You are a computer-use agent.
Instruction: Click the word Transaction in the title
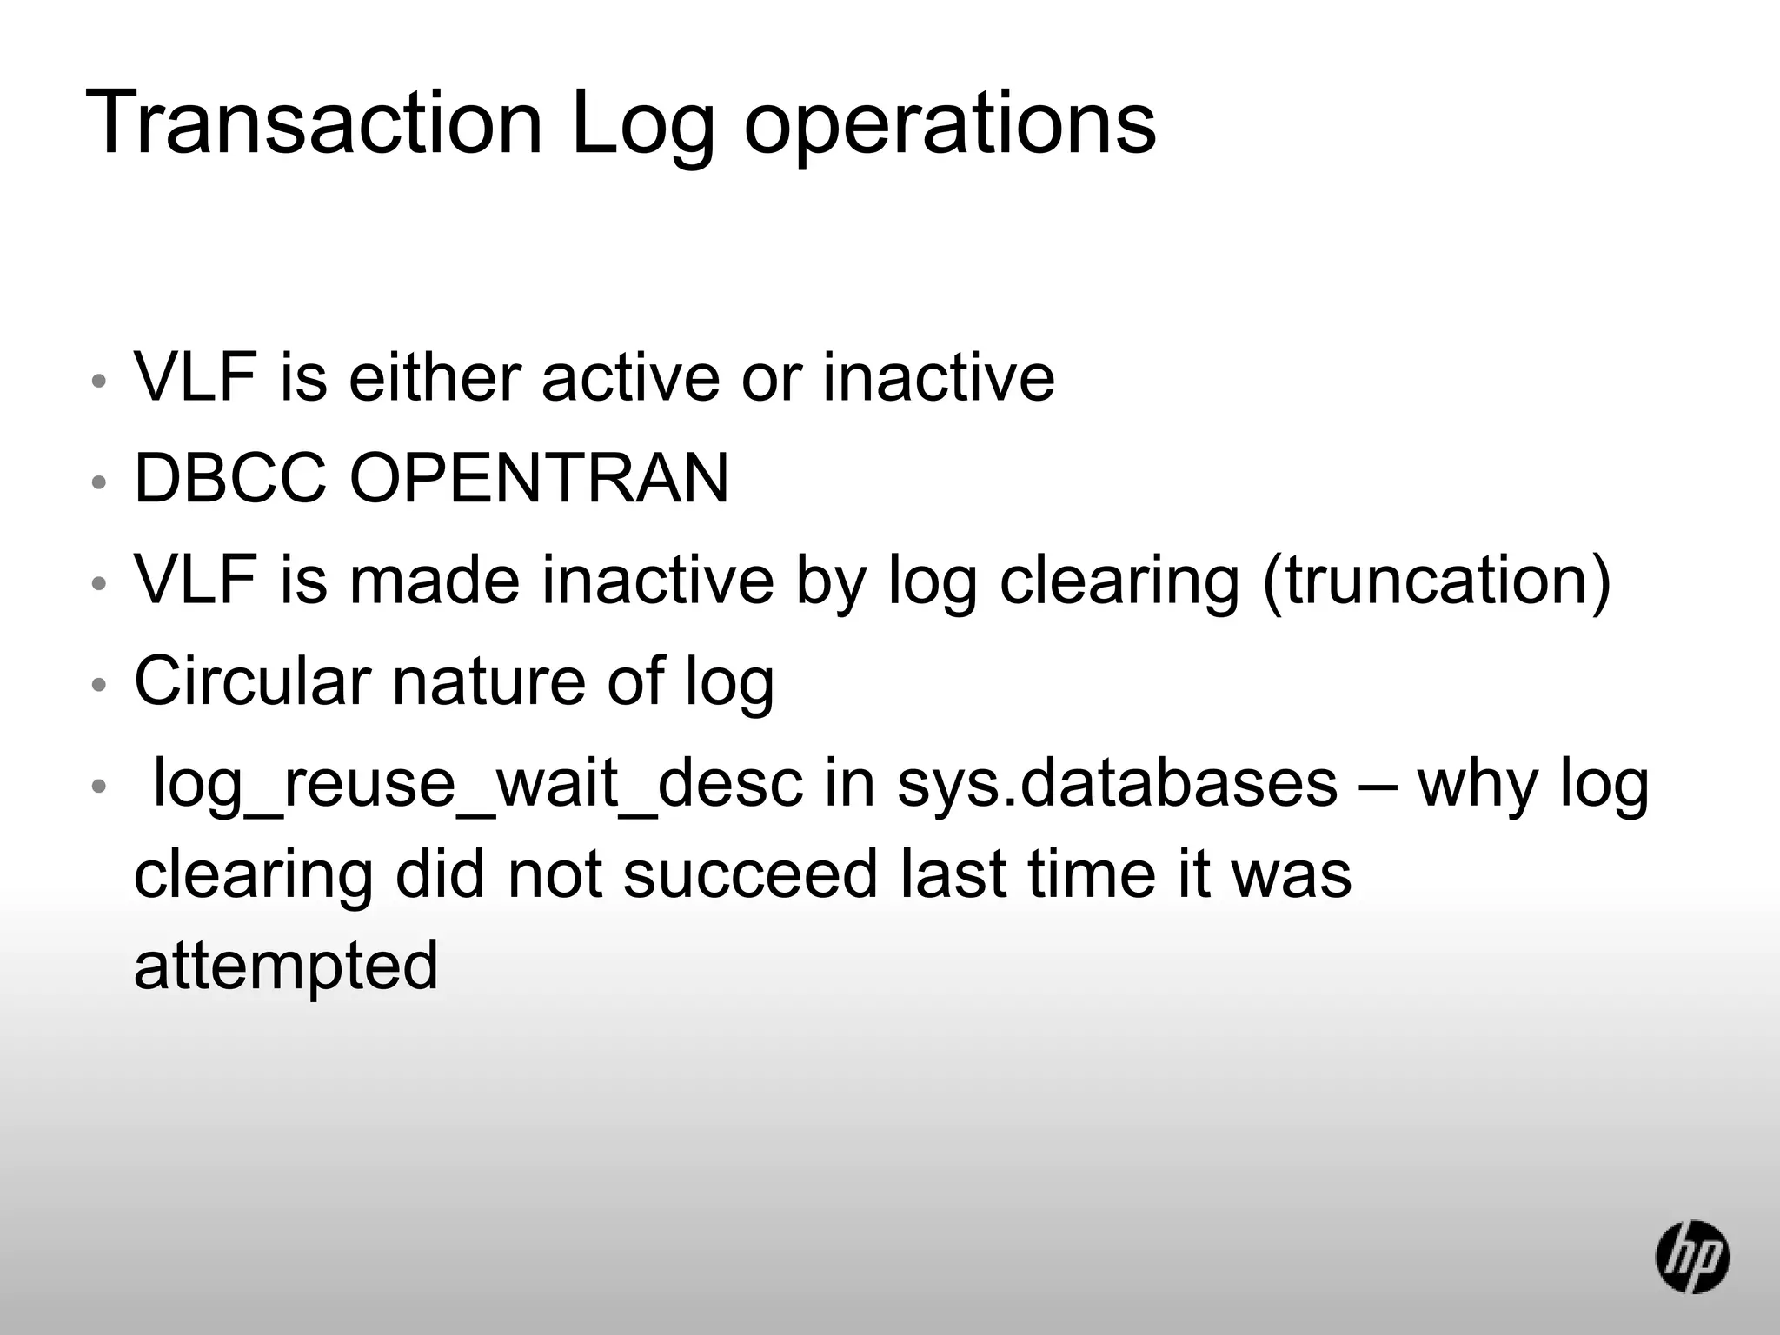(x=315, y=123)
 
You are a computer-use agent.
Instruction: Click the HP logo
(x=1691, y=1257)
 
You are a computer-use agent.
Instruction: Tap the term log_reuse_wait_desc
(x=477, y=784)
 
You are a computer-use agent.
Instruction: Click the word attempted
(x=286, y=966)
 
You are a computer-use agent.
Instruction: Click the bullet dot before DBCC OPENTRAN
(x=99, y=482)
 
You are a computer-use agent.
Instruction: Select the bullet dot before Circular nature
(x=99, y=684)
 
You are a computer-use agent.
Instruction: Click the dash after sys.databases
(x=1378, y=784)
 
